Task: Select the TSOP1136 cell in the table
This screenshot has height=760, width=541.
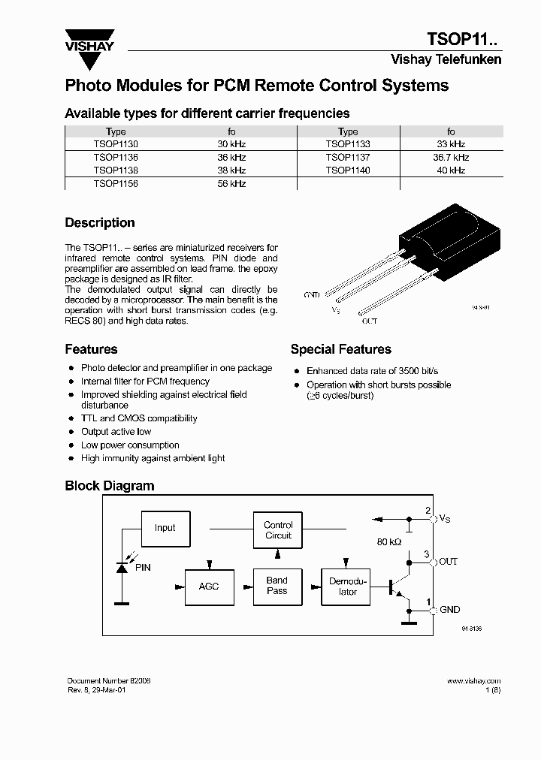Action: (116, 157)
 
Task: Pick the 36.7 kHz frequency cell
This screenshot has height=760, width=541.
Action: (450, 157)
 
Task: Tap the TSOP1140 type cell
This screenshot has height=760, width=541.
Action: (347, 170)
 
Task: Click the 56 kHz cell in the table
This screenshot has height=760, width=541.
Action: (231, 184)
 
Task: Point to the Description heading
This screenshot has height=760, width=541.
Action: (100, 223)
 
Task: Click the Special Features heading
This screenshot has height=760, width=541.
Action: (340, 349)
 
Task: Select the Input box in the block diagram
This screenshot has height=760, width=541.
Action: (165, 528)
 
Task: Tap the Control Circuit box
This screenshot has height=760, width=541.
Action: (278, 530)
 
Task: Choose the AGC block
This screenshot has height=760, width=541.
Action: (209, 586)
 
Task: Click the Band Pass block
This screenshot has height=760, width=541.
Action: (277, 586)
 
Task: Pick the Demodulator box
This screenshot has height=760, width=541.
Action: (347, 586)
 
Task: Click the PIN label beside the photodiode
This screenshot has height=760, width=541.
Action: (142, 568)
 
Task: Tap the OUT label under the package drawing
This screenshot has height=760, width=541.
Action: (369, 321)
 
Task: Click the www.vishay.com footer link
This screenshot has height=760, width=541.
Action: (473, 680)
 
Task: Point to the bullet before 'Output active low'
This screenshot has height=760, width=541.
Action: (71, 432)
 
